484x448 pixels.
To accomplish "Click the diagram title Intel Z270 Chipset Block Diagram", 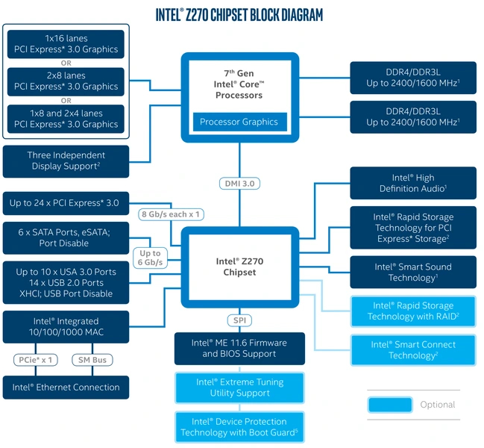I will pos(239,15).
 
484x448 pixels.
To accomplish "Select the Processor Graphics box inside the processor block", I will pos(239,122).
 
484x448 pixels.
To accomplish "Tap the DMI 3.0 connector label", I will pos(240,183).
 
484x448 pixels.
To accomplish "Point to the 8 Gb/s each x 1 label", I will pos(172,214).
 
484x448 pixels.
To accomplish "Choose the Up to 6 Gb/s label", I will pos(151,258).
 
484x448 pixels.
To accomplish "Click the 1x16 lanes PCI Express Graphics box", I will pos(66,44).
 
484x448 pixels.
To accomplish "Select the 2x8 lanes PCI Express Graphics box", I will pos(66,81).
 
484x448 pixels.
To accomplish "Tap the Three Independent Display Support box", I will pos(66,161).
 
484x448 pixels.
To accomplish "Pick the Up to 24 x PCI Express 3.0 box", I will pos(66,202).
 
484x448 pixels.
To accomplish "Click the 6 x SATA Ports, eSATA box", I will pos(66,237).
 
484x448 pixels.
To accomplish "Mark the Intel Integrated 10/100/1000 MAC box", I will pos(66,326).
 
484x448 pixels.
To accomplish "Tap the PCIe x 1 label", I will pos(37,360).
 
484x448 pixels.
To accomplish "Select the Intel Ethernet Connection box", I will pos(66,387).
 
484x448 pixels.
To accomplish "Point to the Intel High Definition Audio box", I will pos(412,183).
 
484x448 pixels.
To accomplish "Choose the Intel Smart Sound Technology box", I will pos(412,272).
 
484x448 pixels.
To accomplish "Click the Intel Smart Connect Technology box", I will pos(412,349).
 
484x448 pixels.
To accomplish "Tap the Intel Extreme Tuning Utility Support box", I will pos(239,387).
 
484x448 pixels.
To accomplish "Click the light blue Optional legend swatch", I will pos(389,405).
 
